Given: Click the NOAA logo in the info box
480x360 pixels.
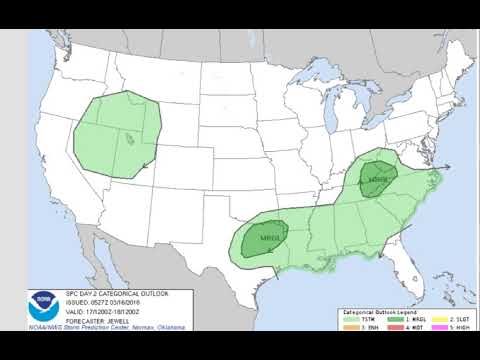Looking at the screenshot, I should [x=42, y=300].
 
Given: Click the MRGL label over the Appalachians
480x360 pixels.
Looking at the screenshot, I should [x=377, y=181].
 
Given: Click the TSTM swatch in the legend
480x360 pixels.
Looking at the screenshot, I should [x=350, y=320].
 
